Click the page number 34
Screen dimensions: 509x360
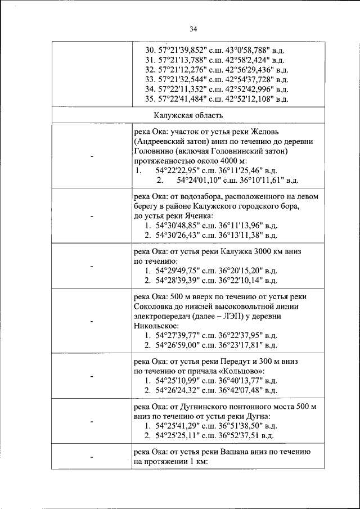coord(193,29)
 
